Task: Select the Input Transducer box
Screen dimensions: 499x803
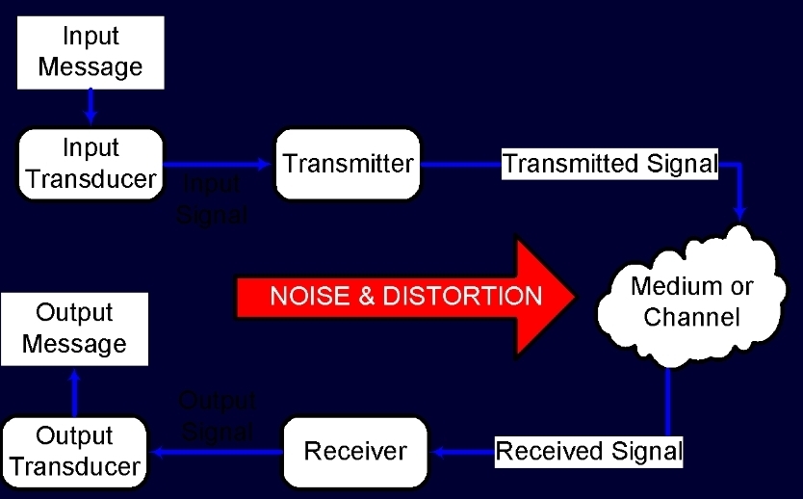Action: tap(90, 163)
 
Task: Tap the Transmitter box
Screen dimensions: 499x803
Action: tap(348, 163)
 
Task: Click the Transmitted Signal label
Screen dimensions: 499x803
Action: tap(610, 163)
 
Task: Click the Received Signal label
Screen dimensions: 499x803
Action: tap(588, 450)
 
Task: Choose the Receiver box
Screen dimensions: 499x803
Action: tap(355, 451)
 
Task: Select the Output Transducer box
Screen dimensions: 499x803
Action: tap(74, 451)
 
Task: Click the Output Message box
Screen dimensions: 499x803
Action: tap(74, 328)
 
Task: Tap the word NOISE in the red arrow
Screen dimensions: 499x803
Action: tap(306, 296)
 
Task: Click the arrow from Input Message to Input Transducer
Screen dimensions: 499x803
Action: tap(91, 105)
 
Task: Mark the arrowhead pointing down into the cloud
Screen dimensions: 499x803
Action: tap(740, 210)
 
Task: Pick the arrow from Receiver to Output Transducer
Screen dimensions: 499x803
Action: tap(216, 451)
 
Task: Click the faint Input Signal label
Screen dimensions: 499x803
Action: tap(212, 199)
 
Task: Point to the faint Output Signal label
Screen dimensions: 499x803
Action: tap(217, 415)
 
